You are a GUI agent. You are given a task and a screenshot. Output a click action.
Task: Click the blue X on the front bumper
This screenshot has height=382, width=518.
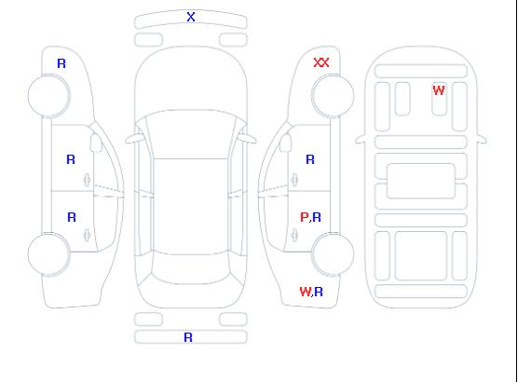[x=191, y=17]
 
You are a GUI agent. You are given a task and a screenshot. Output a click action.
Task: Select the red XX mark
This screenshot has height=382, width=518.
[x=321, y=62]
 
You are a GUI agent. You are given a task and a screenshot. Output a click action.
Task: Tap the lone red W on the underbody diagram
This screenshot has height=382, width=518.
[x=439, y=90]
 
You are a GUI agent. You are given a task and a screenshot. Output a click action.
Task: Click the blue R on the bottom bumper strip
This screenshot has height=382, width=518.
[x=188, y=337]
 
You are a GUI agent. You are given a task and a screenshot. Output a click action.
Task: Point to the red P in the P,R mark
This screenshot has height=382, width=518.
[x=304, y=217]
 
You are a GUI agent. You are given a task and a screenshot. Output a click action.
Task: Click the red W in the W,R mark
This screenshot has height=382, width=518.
[x=306, y=292]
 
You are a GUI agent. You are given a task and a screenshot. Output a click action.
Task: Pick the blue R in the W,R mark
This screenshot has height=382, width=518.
[x=319, y=292]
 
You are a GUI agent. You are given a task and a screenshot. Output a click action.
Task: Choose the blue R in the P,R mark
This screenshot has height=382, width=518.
[x=317, y=217]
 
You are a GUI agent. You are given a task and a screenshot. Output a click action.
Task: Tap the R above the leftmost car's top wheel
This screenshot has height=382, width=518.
[x=61, y=63]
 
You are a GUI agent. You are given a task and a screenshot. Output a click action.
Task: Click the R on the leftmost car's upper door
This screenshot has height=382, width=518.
[x=71, y=159]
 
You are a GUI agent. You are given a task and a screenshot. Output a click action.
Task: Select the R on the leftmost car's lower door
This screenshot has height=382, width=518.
[x=72, y=217]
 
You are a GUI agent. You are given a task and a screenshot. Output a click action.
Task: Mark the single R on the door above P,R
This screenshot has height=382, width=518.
[x=310, y=159]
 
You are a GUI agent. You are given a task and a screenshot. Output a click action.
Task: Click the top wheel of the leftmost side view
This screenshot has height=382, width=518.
[x=48, y=96]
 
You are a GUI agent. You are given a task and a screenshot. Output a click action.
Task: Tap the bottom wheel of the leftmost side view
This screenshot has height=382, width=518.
[x=48, y=254]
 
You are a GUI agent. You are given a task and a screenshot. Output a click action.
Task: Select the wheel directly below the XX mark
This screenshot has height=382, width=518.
[x=333, y=96]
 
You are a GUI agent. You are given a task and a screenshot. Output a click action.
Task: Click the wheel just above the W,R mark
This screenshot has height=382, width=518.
[x=333, y=254]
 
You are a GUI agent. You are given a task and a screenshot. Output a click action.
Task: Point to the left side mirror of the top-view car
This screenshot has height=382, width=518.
[x=134, y=139]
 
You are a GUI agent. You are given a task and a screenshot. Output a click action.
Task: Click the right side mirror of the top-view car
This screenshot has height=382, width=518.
[x=248, y=139]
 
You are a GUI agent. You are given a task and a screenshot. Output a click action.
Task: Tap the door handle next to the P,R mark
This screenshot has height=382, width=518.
[x=294, y=235]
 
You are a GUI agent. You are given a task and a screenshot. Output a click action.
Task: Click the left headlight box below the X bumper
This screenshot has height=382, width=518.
[x=148, y=40]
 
